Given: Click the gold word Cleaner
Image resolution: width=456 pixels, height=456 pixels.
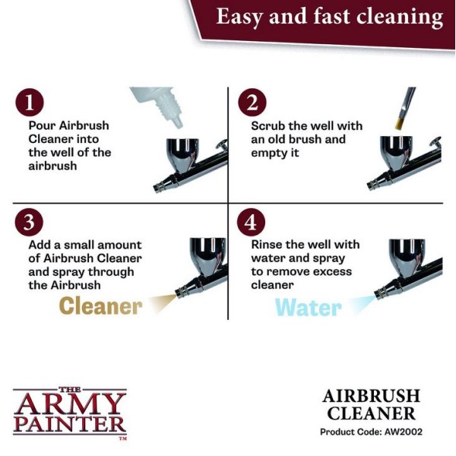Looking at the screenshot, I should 100,306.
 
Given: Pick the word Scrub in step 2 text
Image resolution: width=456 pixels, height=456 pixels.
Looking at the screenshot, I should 270,125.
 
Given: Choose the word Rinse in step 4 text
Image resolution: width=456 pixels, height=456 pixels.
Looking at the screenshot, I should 269,245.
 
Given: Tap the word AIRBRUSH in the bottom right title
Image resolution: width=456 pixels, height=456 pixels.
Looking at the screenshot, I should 372,396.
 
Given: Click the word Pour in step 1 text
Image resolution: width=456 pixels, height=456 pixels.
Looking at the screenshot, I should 43,125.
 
